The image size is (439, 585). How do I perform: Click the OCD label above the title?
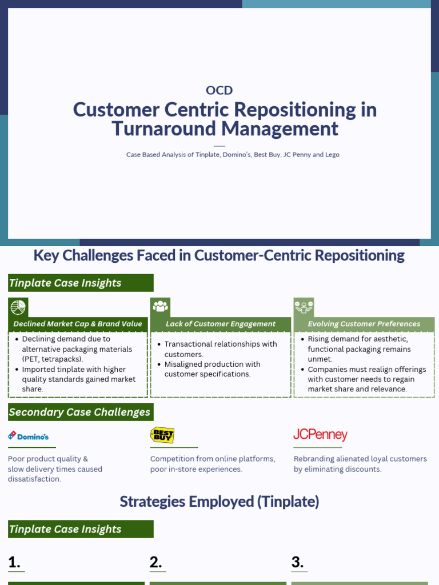(x=219, y=90)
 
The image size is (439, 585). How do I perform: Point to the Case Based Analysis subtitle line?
(x=233, y=155)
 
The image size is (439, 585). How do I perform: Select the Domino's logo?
(x=29, y=436)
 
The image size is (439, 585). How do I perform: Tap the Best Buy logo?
(x=162, y=435)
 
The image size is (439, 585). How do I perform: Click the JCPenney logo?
(x=320, y=435)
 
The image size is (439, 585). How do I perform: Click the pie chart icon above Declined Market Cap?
(x=18, y=307)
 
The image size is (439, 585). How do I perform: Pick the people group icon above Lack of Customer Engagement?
(x=161, y=307)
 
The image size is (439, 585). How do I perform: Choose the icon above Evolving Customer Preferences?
(x=303, y=307)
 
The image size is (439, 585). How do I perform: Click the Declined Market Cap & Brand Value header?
(x=78, y=324)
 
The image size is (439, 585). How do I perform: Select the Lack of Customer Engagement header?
(x=221, y=324)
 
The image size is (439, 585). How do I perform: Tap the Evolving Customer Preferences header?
(x=364, y=324)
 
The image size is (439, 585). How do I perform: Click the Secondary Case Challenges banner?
(x=80, y=412)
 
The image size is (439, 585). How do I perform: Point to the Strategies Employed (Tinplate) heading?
(x=219, y=502)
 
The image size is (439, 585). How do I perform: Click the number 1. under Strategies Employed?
(x=14, y=562)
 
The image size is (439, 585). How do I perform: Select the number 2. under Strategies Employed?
(x=155, y=562)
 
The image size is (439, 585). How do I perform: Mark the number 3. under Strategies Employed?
(x=297, y=562)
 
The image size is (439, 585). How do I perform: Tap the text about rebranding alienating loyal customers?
(x=360, y=464)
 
